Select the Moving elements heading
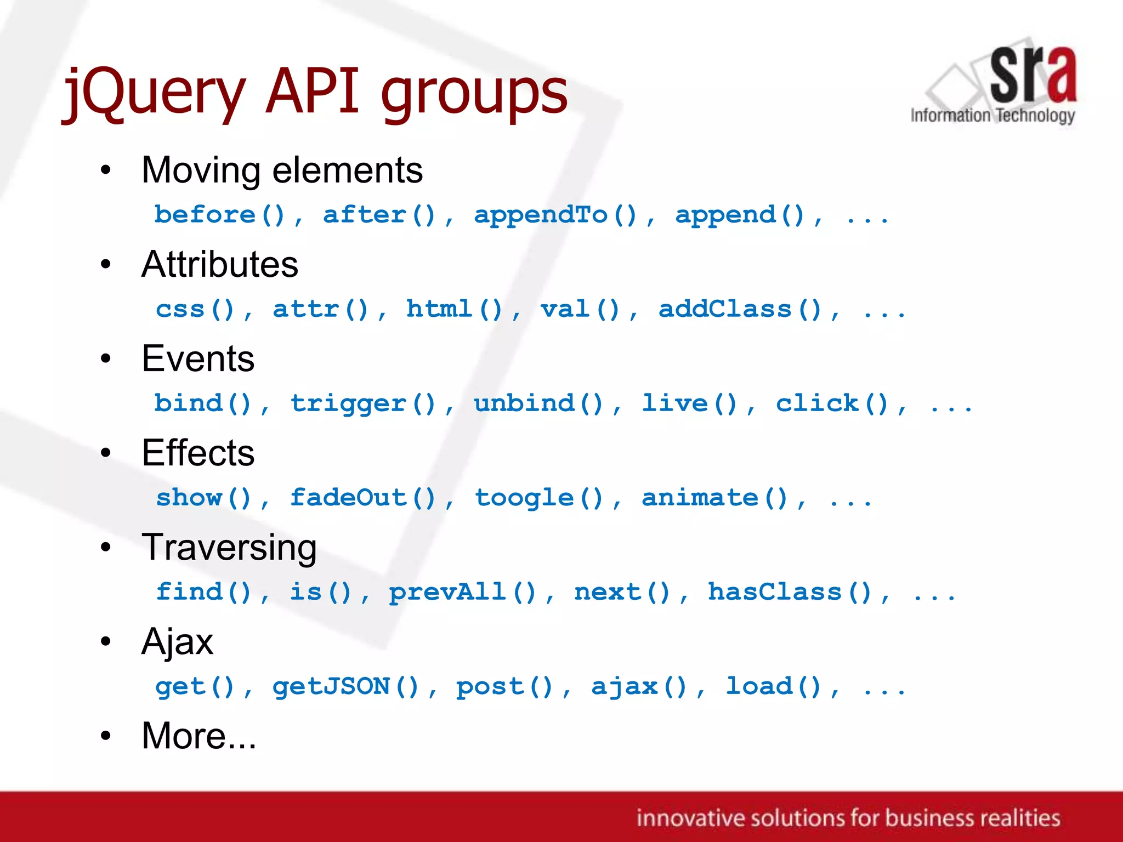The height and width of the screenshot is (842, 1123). [282, 170]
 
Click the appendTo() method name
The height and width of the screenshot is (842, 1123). [555, 215]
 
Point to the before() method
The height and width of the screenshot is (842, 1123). [220, 215]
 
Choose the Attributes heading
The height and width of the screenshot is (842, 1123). [220, 264]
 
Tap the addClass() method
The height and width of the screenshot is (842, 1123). [740, 309]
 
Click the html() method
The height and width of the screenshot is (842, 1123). [454, 309]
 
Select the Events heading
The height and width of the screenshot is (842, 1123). [198, 359]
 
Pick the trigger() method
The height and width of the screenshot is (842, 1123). [363, 403]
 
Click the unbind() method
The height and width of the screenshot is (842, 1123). [538, 403]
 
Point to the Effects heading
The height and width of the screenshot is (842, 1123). [198, 453]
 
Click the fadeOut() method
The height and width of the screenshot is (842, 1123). [363, 498]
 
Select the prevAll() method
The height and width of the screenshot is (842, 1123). [462, 592]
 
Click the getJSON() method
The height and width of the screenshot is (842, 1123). [346, 686]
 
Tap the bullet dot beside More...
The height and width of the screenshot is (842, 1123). [106, 736]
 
